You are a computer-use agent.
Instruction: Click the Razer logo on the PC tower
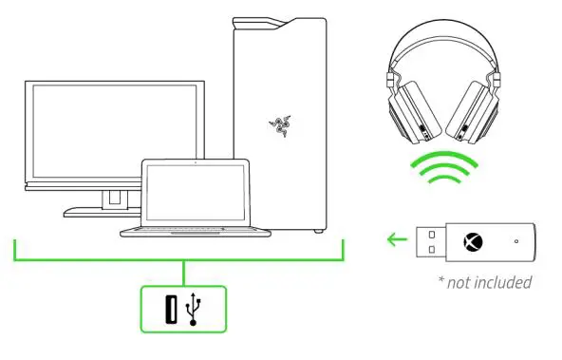tap(279, 124)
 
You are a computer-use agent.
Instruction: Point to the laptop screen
tap(194, 192)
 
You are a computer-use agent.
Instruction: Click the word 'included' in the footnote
tap(501, 281)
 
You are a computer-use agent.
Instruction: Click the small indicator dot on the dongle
tap(515, 240)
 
